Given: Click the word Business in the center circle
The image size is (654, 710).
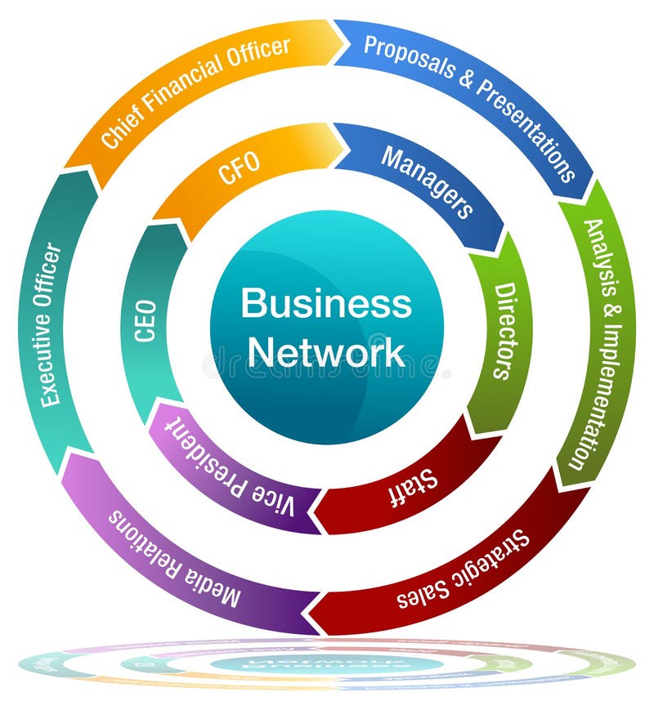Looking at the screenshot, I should coord(326,304).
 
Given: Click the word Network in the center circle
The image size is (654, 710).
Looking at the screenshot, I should coord(326,352).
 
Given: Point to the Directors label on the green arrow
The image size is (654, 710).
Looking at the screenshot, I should coord(504,331).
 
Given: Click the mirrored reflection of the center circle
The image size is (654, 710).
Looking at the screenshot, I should coord(327,663).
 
